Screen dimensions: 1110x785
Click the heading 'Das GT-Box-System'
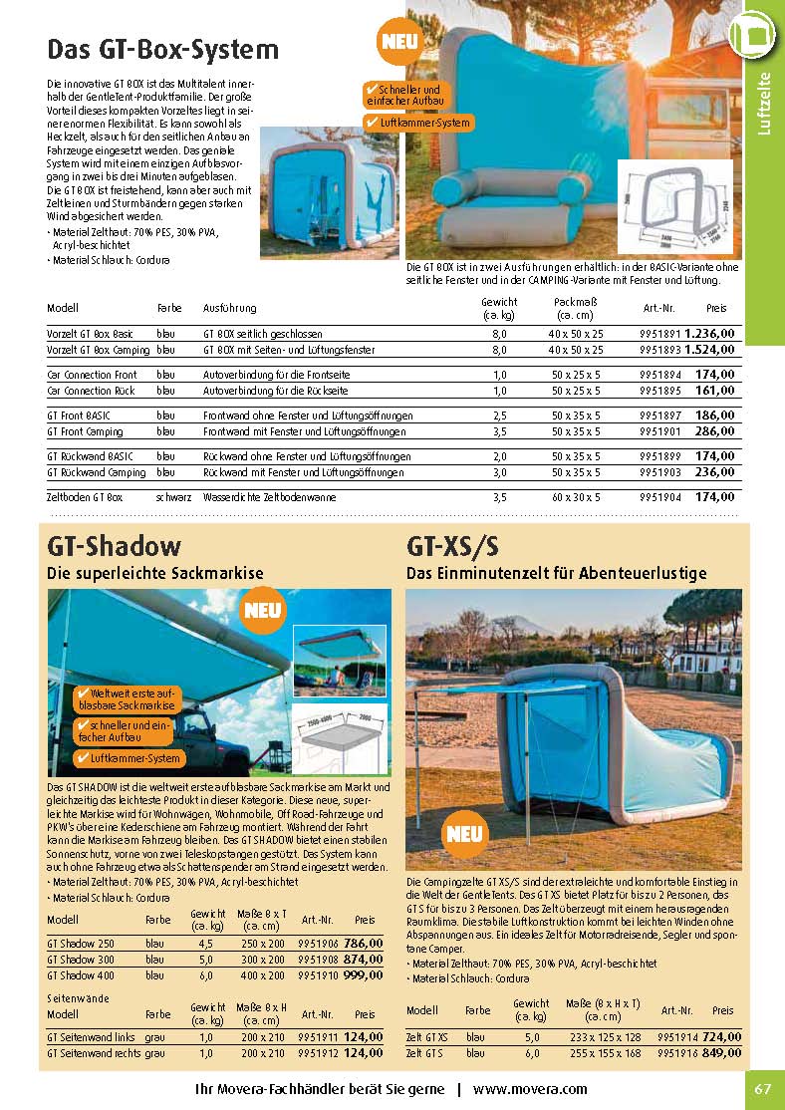(163, 49)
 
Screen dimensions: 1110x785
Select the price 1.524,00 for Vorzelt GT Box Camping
(710, 351)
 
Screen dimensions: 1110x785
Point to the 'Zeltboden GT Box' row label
(85, 496)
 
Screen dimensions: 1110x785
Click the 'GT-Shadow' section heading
(115, 546)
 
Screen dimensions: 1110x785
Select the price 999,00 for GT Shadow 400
(363, 975)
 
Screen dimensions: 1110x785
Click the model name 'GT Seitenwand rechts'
(92, 1052)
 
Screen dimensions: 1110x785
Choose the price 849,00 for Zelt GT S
(722, 1052)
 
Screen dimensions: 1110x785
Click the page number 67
(763, 1088)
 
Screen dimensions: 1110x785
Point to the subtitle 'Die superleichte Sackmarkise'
(155, 574)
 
